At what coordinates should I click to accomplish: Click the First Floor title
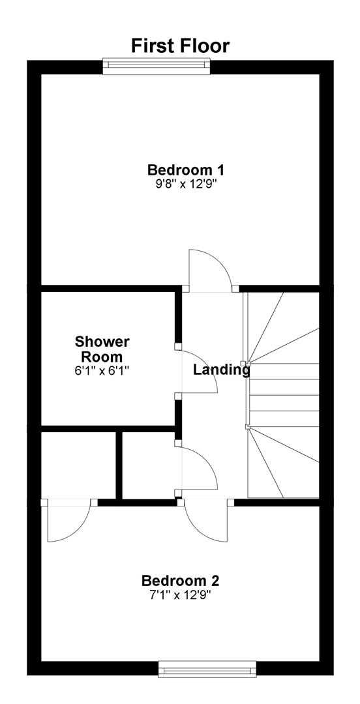180,46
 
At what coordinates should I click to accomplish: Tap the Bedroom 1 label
186,170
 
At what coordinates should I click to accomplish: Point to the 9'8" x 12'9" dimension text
186,184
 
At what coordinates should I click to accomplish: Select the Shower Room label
102,349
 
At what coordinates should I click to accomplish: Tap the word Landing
221,370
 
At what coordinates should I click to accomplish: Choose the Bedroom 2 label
180,581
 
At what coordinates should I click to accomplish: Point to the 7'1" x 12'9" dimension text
180,594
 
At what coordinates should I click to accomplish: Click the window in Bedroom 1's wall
157,66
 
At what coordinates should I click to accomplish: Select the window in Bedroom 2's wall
207,669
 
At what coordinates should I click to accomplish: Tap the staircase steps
283,395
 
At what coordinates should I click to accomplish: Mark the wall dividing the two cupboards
119,465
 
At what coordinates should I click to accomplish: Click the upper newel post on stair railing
243,363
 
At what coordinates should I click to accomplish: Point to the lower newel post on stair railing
247,426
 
